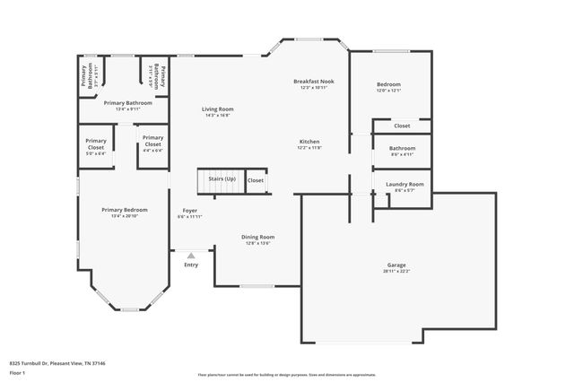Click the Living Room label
(x=218, y=109)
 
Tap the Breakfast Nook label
(x=313, y=82)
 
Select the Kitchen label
(x=309, y=142)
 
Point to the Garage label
(x=396, y=265)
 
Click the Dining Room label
(x=257, y=237)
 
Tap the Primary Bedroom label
(x=123, y=209)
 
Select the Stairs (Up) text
(x=222, y=179)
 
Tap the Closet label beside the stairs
(x=256, y=180)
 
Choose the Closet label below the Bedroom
(x=402, y=126)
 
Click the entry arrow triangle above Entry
(x=191, y=256)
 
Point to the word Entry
(x=191, y=265)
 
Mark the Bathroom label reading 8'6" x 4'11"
(x=402, y=151)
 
